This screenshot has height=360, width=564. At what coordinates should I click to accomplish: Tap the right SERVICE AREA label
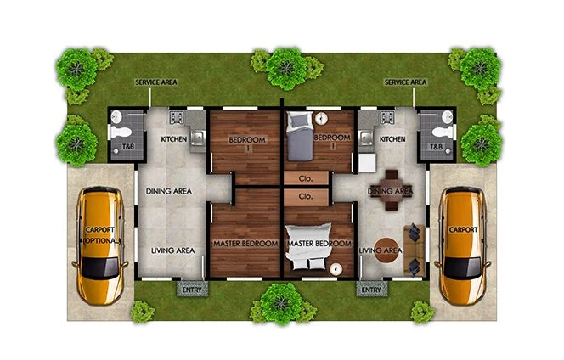(405, 82)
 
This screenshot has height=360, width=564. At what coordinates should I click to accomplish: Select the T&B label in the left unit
(121, 147)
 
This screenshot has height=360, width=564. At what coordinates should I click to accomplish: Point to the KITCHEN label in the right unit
(392, 138)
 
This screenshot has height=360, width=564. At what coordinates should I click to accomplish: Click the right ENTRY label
(371, 290)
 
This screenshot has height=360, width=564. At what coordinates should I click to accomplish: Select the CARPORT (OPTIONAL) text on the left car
(102, 236)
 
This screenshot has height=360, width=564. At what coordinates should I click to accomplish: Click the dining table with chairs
(392, 190)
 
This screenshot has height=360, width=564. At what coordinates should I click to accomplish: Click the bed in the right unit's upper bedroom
(300, 137)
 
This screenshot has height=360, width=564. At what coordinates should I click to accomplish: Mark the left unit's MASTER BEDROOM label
(246, 244)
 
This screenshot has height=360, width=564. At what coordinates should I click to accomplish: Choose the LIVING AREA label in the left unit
(173, 250)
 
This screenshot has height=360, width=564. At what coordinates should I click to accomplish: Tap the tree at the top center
(284, 67)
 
